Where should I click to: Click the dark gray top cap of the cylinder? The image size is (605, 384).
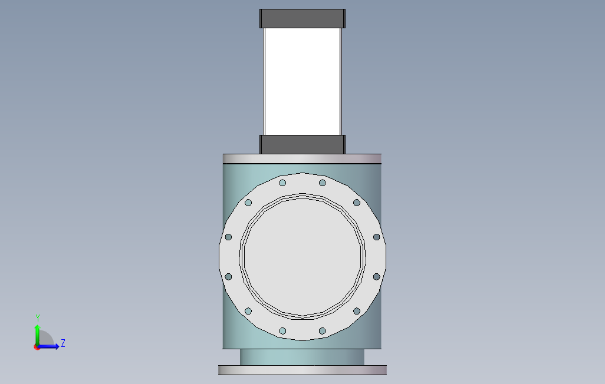click(302, 18)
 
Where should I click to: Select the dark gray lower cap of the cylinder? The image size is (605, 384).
click(302, 144)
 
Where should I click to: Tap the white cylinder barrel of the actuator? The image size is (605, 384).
click(302, 81)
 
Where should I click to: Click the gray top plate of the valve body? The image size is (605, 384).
click(302, 159)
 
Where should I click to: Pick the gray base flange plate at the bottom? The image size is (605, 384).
click(302, 370)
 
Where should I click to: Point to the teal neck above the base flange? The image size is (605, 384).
click(302, 357)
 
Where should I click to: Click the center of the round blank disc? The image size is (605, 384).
click(302, 256)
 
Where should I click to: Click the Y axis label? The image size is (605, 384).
click(38, 317)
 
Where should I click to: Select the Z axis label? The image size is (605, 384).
click(63, 343)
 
